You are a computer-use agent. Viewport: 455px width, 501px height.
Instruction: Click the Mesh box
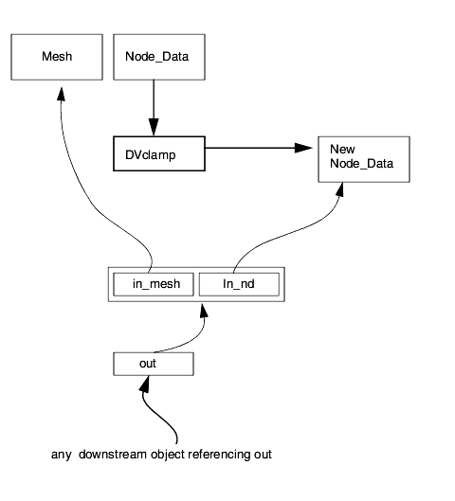click(x=57, y=57)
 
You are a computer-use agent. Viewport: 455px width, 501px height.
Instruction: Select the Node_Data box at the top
click(x=159, y=57)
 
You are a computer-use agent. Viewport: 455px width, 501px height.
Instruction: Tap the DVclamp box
click(x=159, y=153)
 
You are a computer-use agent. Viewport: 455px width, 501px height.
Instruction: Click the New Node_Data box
click(x=364, y=159)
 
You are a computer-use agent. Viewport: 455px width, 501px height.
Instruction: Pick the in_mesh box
click(x=154, y=284)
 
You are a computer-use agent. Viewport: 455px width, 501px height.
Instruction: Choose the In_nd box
click(x=239, y=284)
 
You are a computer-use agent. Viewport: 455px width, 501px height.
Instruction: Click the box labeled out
click(x=154, y=364)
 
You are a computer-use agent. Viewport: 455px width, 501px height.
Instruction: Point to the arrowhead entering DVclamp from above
click(x=154, y=127)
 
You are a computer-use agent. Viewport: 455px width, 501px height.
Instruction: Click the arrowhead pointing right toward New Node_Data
click(x=303, y=148)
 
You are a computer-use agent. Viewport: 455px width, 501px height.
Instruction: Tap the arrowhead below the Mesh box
click(x=61, y=94)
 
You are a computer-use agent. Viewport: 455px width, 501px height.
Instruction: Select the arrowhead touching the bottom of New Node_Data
click(x=340, y=189)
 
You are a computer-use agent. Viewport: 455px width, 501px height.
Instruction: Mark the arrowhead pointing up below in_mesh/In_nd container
click(x=204, y=311)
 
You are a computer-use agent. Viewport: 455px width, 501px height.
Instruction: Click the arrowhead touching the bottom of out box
click(x=145, y=384)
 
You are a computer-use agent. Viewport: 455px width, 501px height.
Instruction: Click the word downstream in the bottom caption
click(x=113, y=455)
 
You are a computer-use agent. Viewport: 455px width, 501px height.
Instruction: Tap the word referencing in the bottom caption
click(x=219, y=455)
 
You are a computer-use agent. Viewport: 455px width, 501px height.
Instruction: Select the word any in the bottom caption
click(x=61, y=456)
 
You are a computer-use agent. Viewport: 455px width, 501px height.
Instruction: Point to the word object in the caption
click(x=168, y=455)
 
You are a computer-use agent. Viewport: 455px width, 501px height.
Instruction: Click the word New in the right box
click(x=342, y=150)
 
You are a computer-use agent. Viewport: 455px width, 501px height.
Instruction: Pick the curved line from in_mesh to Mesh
click(x=93, y=205)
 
